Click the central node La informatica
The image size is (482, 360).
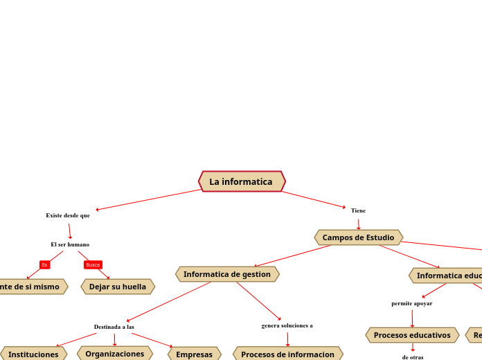pos(242,181)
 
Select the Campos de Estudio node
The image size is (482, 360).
pos(358,237)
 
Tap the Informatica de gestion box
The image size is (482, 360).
pos(227,274)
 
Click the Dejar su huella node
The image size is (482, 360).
pos(118,287)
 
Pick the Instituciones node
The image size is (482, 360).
pos(33,354)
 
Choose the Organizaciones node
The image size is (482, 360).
pos(115,353)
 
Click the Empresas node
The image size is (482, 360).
pos(194,354)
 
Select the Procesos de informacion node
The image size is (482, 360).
pos(287,354)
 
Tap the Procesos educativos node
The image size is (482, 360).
pos(412,335)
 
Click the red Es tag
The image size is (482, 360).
pos(44,264)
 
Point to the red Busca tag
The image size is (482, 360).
pos(93,264)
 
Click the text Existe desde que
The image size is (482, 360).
pos(68,215)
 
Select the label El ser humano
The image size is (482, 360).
pos(70,244)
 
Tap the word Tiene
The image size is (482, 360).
pos(358,210)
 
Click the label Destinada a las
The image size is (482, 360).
pos(114,327)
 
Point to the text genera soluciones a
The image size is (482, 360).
pos(287,325)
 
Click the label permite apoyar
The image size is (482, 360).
pos(411,303)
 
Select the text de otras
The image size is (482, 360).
pos(413,357)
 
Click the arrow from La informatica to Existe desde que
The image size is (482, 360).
pos(148,199)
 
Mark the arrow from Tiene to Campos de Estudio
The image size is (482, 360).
pos(359,224)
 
